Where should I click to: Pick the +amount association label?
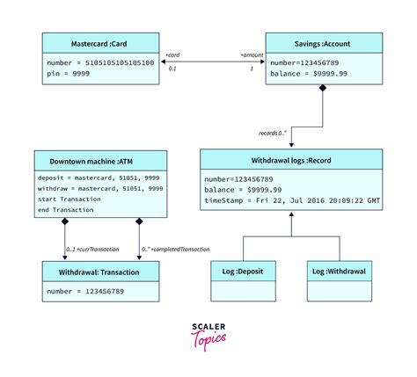pyautogui.click(x=251, y=54)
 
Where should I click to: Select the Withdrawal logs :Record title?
pyautogui.click(x=291, y=160)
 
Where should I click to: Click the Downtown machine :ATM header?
pyautogui.click(x=100, y=162)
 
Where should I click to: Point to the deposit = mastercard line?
pyautogui.click(x=98, y=178)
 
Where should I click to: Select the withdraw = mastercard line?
pyautogui.click(x=99, y=188)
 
